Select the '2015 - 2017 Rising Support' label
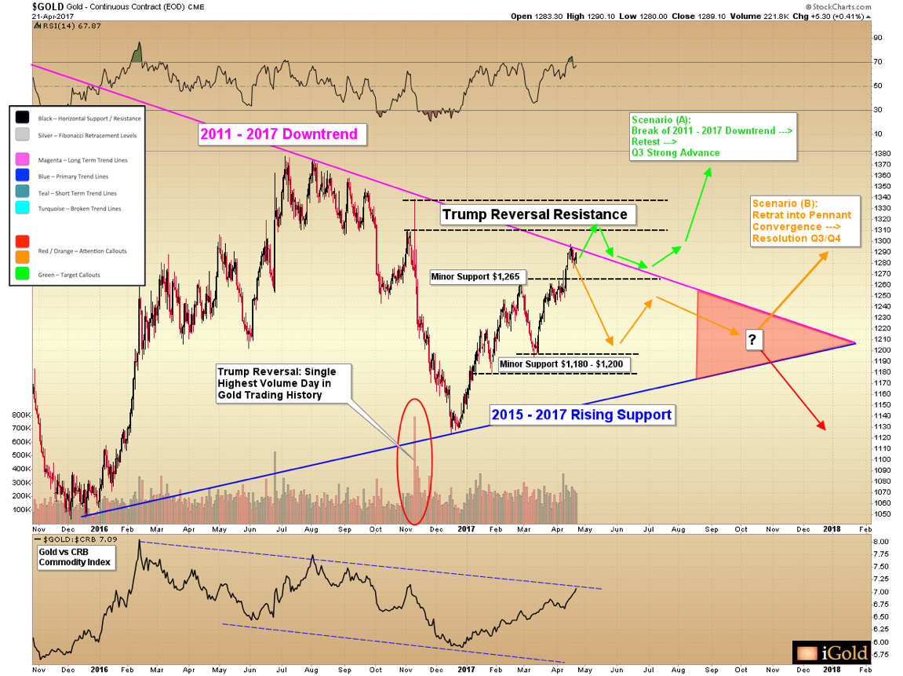581,414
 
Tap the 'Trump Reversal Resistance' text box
534,214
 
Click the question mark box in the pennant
752,339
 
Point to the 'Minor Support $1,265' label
477,276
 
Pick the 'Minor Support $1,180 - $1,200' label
561,365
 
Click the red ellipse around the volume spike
414,461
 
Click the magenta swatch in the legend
23,159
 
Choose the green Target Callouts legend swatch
23,276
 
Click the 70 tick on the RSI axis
878,61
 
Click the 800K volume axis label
18,415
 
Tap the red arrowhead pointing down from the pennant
822,426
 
